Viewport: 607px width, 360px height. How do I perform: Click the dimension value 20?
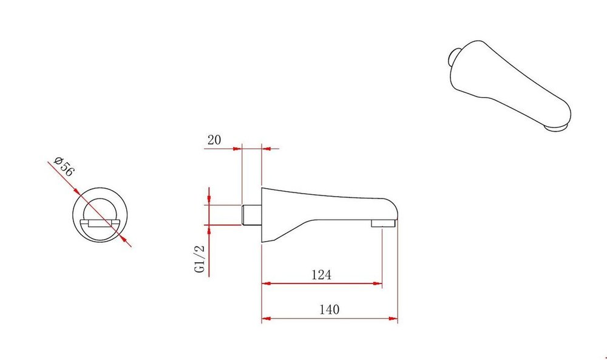pos(214,140)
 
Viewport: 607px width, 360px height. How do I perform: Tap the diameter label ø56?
pos(64,166)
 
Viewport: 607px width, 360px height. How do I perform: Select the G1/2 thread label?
pos(199,259)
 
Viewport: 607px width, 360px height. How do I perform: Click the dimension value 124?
pos(321,275)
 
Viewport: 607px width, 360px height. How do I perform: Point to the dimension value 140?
pos(330,310)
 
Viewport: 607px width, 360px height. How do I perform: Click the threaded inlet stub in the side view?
pos(252,215)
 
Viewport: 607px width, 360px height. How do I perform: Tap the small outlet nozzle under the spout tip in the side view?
pos(383,223)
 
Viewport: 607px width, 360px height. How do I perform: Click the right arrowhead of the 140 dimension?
pos(393,319)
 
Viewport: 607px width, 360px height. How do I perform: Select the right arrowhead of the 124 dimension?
pos(378,284)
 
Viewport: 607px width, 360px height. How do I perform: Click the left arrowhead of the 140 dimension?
pos(266,319)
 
